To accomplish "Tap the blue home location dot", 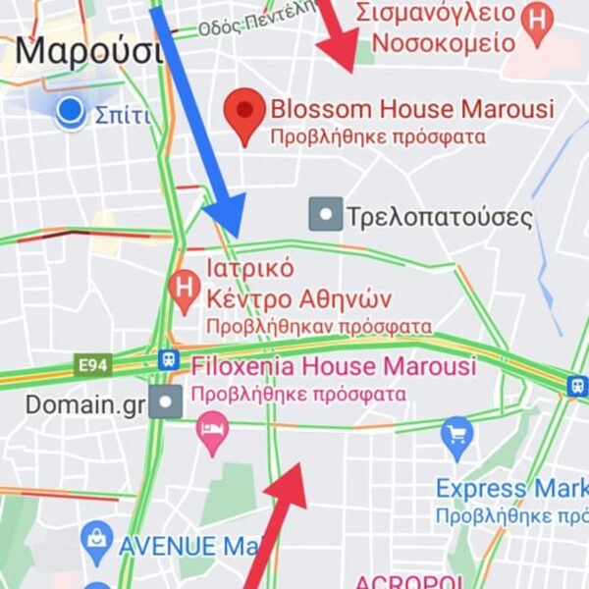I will coord(70,113).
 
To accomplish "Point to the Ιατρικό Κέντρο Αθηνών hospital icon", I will coord(184,287).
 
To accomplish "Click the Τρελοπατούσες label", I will coord(439,217).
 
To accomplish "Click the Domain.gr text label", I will coord(84,403).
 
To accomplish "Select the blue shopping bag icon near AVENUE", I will coord(97,537).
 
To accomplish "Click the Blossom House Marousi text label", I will coord(411,108).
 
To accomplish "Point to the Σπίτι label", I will coord(123,116).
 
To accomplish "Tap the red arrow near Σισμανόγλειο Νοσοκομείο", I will coord(340,35).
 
